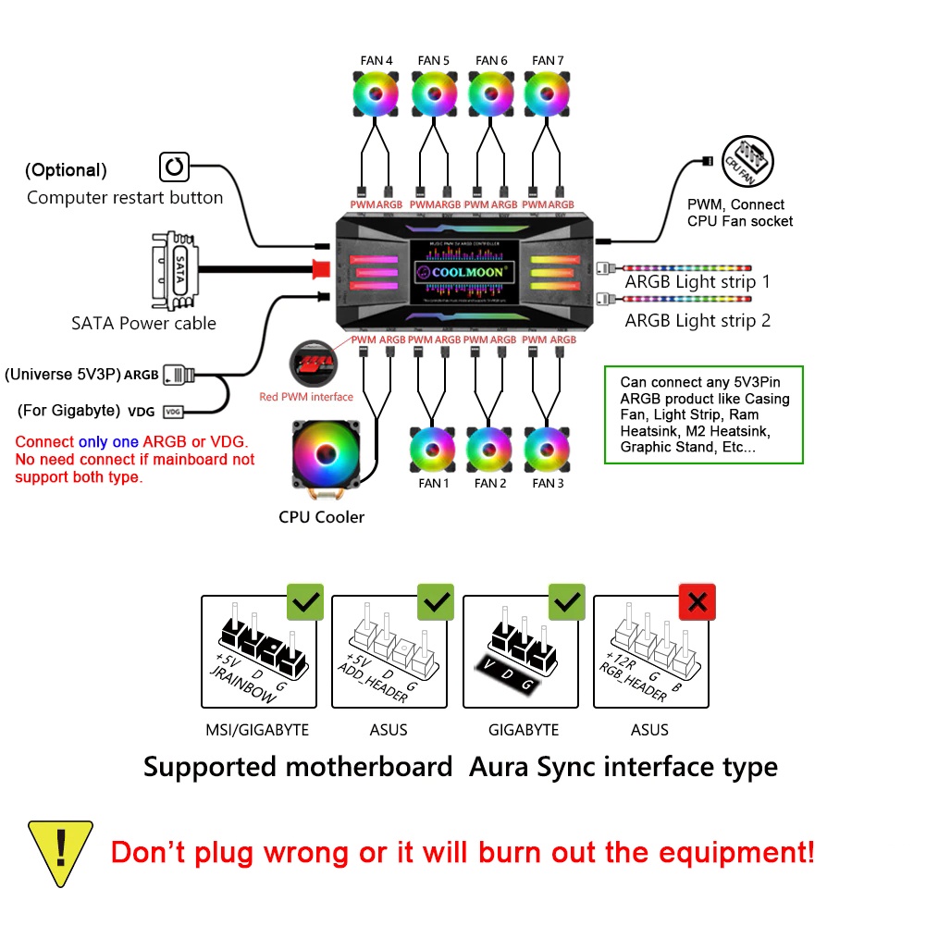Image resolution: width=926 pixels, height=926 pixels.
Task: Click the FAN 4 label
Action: pyautogui.click(x=377, y=61)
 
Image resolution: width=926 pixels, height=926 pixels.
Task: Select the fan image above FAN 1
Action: pyautogui.click(x=433, y=449)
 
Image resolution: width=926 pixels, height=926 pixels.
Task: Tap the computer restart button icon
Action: pyautogui.click(x=174, y=167)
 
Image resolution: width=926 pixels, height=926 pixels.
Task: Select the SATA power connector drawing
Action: pyautogui.click(x=174, y=270)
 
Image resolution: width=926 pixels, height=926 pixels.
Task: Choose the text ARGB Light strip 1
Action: pyautogui.click(x=698, y=281)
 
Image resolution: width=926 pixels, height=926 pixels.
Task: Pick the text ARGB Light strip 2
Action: pyautogui.click(x=698, y=321)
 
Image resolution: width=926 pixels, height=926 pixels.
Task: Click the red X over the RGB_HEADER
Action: pyautogui.click(x=697, y=603)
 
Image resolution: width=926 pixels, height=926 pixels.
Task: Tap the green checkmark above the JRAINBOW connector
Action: pyautogui.click(x=305, y=603)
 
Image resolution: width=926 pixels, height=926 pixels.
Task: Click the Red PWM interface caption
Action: pyautogui.click(x=306, y=397)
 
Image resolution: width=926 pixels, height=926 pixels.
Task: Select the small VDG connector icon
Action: pyautogui.click(x=173, y=412)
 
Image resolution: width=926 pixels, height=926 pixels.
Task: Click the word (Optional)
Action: pyautogui.click(x=66, y=170)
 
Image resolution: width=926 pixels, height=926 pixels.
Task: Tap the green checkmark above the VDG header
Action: pyautogui.click(x=566, y=603)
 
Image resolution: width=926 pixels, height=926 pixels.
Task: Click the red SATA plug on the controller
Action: pyautogui.click(x=322, y=269)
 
